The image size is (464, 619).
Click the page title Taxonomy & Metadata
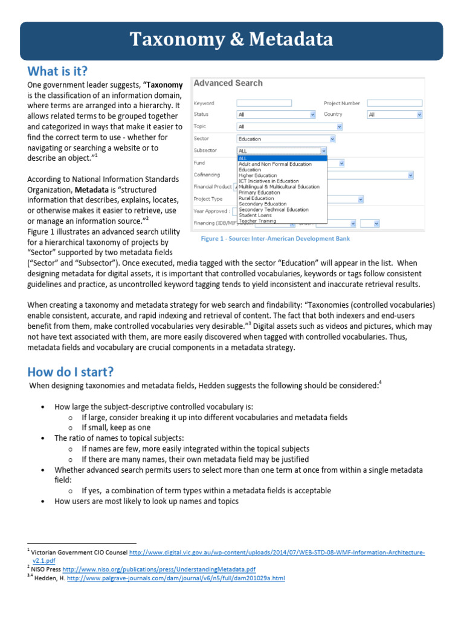click(232, 40)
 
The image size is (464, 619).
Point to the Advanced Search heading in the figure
click(228, 83)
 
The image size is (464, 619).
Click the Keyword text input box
click(265, 103)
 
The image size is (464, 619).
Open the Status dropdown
click(277, 114)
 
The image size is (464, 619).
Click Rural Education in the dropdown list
click(256, 198)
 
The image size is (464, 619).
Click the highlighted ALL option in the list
click(282, 158)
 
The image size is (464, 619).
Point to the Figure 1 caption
click(275, 239)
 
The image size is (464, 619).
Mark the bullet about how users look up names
click(146, 501)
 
